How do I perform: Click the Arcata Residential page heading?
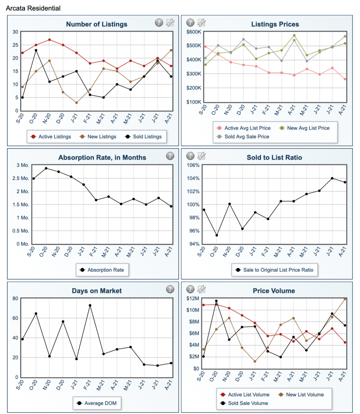33,8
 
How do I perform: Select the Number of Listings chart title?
96,24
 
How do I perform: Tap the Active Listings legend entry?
51,136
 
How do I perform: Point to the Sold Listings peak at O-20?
36,50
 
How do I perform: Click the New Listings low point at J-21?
77,103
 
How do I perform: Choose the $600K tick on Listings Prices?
194,32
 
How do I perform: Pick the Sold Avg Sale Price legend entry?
243,136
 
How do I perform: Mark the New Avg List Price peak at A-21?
294,35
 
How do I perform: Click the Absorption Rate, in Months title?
102,158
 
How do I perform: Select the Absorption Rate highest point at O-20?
46,168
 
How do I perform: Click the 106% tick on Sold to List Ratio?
193,165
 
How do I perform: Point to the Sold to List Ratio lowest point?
217,235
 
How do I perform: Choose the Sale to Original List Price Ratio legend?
274,270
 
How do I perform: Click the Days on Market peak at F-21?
90,305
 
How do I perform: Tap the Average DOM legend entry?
97,403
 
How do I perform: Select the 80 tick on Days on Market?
16,298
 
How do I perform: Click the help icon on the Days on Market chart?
170,289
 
